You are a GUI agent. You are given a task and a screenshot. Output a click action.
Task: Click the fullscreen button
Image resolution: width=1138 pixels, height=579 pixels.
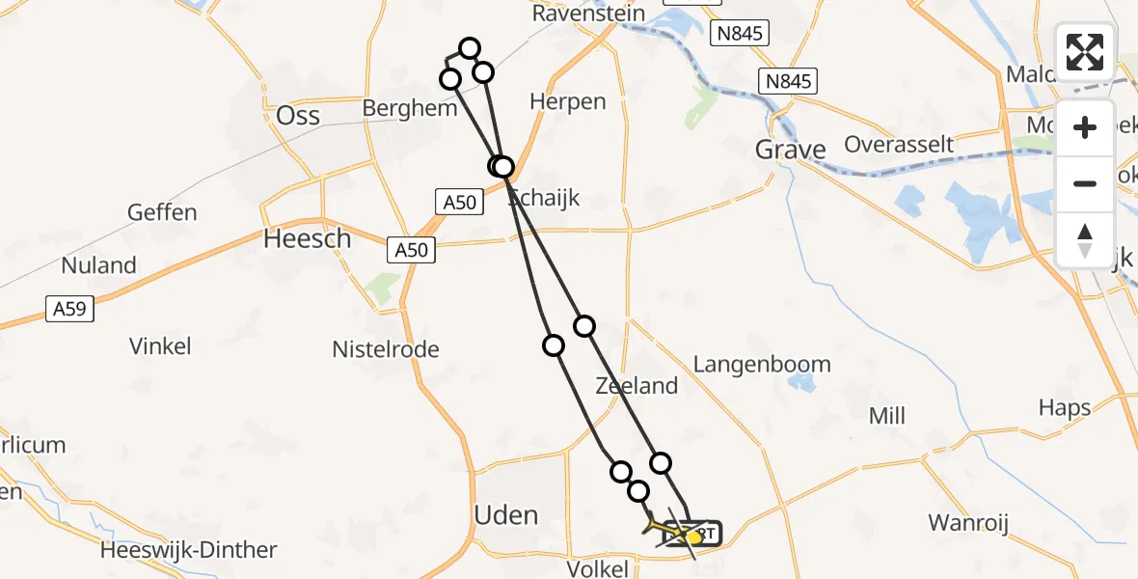(x=1085, y=52)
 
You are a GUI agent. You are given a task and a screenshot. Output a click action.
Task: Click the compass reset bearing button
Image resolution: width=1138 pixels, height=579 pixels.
(x=1085, y=239)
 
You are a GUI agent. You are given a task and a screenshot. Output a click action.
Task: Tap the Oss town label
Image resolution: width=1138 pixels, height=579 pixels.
(x=298, y=116)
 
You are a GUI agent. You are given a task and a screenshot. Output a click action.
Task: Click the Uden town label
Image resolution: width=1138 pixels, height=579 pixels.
(x=506, y=515)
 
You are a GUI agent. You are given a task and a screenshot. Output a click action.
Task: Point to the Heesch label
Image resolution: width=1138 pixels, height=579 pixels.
(x=307, y=239)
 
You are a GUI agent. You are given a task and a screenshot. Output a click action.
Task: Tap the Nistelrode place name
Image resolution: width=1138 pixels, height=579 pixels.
(x=386, y=349)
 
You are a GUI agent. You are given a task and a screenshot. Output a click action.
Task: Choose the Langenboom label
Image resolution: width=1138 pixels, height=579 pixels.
(x=762, y=365)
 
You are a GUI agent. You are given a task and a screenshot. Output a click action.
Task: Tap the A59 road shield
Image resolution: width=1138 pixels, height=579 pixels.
(x=70, y=309)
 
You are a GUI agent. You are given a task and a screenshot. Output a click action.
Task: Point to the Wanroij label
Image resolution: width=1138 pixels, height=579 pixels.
(x=967, y=523)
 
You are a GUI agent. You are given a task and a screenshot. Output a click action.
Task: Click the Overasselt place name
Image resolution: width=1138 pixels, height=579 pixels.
(x=898, y=145)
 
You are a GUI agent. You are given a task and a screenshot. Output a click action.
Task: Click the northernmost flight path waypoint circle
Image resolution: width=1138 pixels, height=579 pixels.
(x=470, y=48)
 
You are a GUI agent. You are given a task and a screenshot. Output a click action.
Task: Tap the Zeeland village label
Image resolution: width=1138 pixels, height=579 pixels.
(x=637, y=386)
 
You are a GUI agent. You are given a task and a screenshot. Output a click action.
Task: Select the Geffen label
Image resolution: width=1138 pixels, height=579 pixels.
(x=162, y=212)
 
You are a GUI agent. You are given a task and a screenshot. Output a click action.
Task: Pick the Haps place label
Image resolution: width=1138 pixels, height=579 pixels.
(x=1064, y=408)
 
